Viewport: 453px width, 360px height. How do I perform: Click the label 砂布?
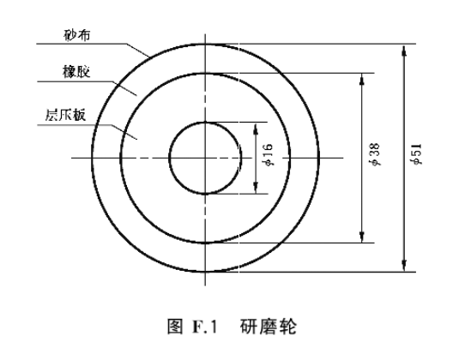(x=77, y=35)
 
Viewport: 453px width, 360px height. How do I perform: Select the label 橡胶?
(x=76, y=72)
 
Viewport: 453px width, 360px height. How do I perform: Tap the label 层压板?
(x=65, y=115)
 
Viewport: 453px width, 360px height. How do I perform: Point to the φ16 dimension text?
(x=267, y=154)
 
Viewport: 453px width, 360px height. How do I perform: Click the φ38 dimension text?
(x=375, y=154)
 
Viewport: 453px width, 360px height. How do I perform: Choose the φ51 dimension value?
(x=417, y=154)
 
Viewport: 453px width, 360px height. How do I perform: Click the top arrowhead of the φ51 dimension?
(x=404, y=51)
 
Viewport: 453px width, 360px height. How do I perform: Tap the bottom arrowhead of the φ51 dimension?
(x=404, y=266)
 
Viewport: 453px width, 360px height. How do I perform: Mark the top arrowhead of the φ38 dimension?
(x=362, y=79)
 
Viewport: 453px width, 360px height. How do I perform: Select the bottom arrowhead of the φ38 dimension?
(x=362, y=237)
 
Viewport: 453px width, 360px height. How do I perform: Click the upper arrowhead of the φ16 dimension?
(x=256, y=129)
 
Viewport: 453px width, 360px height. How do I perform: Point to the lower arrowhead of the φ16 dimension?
(x=256, y=188)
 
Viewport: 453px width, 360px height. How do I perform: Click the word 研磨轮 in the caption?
(x=268, y=327)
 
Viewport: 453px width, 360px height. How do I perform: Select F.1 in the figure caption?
(x=204, y=327)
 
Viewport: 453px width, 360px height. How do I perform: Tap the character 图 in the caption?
(x=175, y=327)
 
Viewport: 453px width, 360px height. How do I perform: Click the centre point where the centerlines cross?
(x=205, y=158)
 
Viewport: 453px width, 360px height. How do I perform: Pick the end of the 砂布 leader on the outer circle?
(x=149, y=57)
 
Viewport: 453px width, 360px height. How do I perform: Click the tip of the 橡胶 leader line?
(x=136, y=95)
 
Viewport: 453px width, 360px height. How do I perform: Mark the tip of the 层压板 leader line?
(x=136, y=140)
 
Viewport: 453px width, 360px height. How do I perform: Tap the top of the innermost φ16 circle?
(x=205, y=123)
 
